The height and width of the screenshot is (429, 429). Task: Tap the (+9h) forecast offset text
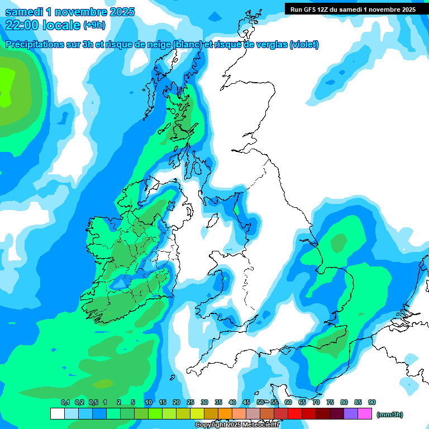coord(93,25)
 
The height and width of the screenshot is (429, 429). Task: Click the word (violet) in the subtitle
coord(304,45)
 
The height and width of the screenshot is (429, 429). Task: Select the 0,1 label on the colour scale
coord(65,402)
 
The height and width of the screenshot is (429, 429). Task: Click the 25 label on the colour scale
coord(190,402)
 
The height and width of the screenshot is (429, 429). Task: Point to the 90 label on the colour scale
coord(372,402)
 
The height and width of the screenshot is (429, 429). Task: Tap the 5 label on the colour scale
coord(133,402)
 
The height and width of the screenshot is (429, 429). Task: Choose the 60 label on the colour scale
coord(288,402)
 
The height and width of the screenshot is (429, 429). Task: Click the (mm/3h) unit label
coord(390,414)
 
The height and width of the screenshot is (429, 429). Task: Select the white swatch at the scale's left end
coord(57,413)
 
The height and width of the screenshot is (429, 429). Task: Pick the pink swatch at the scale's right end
coord(365,413)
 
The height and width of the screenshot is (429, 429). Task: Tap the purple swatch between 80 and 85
coord(351,413)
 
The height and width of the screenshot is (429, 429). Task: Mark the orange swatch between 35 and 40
coord(225,413)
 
